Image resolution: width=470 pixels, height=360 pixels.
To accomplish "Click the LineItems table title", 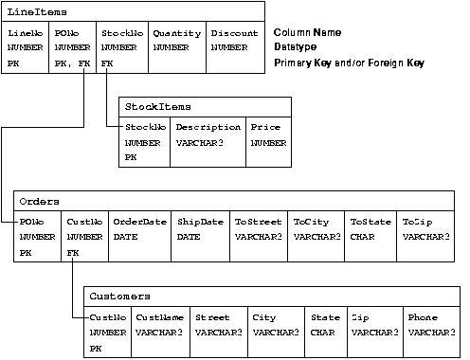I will tap(29, 11).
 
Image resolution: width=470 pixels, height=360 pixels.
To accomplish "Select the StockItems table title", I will tap(150, 107).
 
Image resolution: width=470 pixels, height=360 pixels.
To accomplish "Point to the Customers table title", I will tap(117, 297).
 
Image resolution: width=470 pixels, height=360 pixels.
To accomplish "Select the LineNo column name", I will tap(25, 33).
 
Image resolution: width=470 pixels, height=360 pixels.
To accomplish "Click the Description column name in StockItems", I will tap(208, 127).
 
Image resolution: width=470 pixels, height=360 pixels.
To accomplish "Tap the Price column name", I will tap(264, 127).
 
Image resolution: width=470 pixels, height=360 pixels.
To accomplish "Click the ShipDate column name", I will tap(198, 222).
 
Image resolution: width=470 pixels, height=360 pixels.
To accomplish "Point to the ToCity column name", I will tap(309, 222).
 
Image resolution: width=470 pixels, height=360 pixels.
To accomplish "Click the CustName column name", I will tap(157, 317).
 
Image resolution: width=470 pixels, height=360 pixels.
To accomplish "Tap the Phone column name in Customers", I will tap(422, 317).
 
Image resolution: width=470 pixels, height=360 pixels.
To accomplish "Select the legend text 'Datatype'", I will tap(297, 46).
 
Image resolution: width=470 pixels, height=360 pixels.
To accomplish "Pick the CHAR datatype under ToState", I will tap(360, 236).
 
